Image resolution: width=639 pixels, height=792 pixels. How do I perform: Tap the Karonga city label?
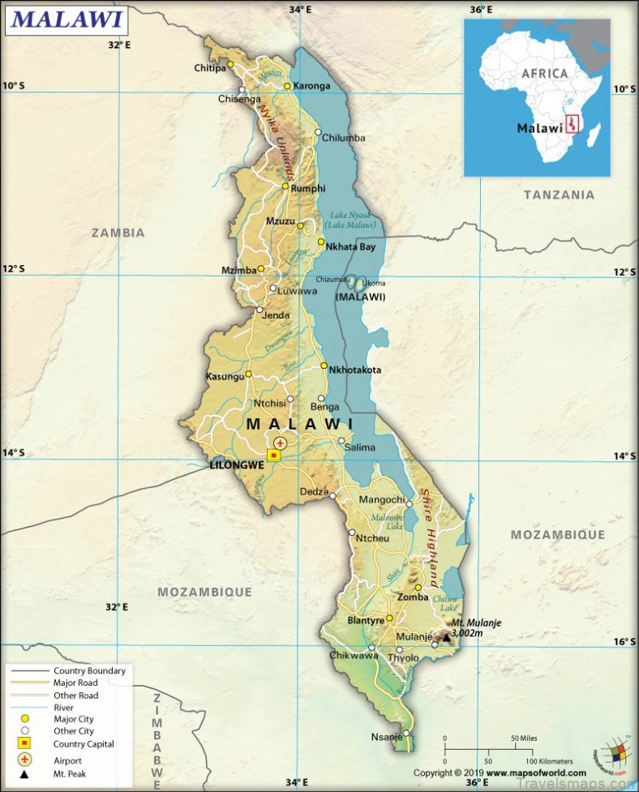312,86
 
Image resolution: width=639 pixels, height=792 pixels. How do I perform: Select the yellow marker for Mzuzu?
301,227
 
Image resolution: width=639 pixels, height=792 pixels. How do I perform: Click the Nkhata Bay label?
351,246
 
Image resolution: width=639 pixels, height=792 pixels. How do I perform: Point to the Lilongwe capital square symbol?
274,456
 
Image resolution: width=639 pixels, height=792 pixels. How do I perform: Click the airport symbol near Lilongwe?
280,443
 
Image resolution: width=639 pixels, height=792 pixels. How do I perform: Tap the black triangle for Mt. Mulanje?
445,638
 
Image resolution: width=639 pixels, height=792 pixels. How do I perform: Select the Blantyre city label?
364,620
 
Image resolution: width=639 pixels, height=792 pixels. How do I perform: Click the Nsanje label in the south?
387,737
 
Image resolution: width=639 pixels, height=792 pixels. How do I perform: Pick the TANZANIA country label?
559,195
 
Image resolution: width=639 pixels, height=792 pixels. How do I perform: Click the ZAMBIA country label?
118,233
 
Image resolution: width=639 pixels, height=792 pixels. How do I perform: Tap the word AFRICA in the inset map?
545,73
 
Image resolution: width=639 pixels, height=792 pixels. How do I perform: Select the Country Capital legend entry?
84,743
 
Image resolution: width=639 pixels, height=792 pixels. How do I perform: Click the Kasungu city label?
225,377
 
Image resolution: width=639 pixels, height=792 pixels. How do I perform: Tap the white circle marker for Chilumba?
319,132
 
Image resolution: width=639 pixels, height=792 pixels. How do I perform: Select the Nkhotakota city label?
354,370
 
